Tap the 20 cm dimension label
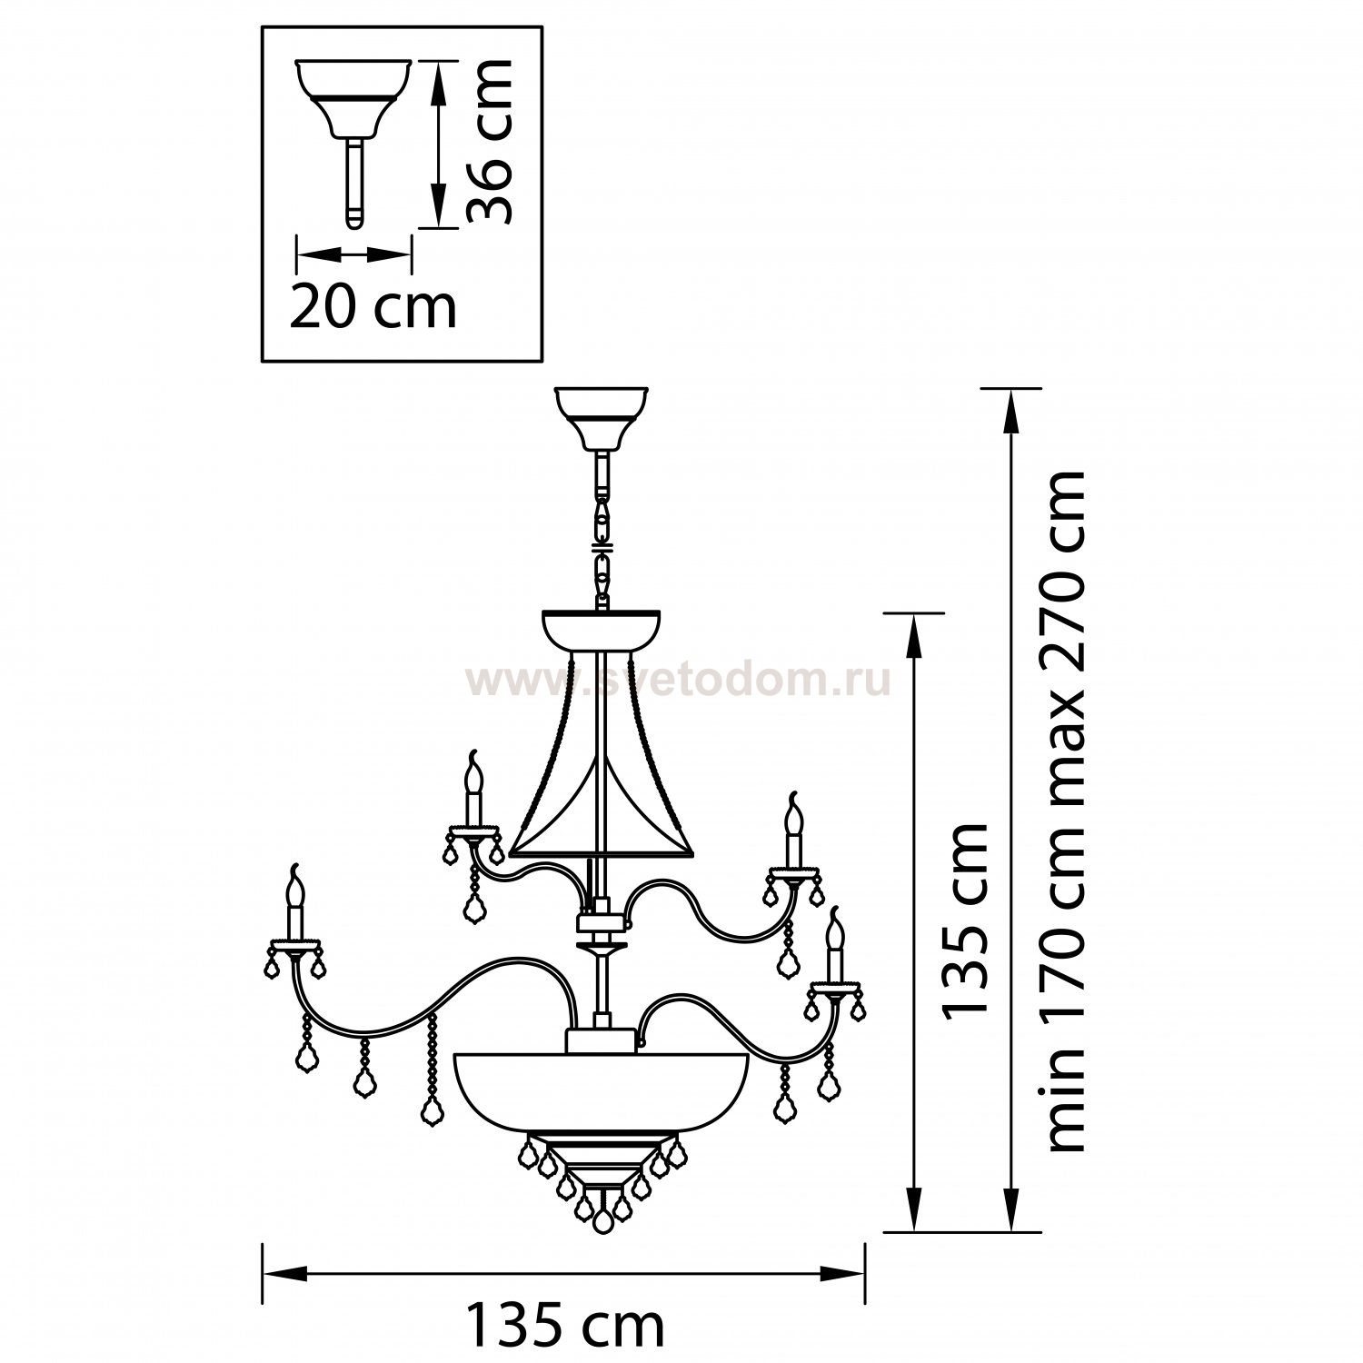pyautogui.click(x=373, y=308)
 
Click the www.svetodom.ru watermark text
pyautogui.click(x=678, y=681)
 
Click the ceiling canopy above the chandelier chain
pyautogui.click(x=602, y=419)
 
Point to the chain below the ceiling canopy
pyautogui.click(x=602, y=532)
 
